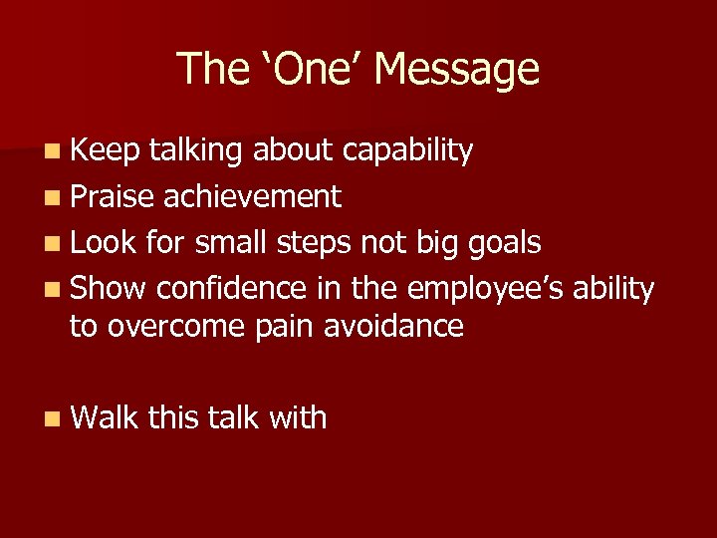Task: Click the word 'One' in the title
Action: pyautogui.click(x=309, y=70)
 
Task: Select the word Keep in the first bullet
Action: pyautogui.click(x=106, y=150)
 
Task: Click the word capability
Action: pyautogui.click(x=407, y=151)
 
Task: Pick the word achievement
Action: pyautogui.click(x=253, y=197)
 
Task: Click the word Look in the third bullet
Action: pyautogui.click(x=106, y=243)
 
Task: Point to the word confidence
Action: pyautogui.click(x=234, y=289)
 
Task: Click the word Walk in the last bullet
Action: pyautogui.click(x=106, y=417)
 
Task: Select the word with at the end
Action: pyautogui.click(x=297, y=417)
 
